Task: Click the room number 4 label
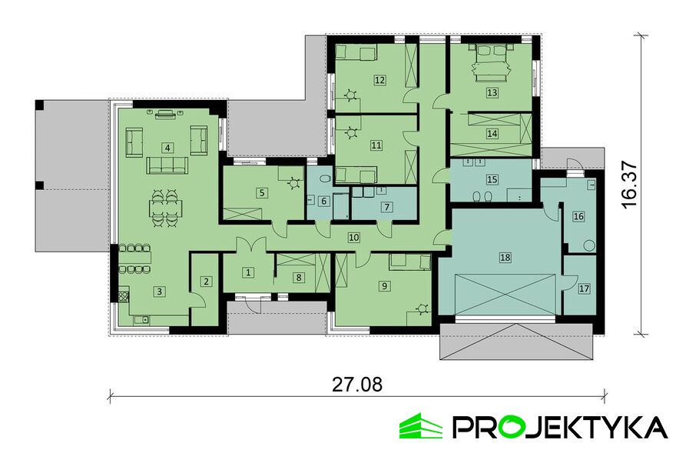tap(167, 148)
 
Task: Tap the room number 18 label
tap(505, 258)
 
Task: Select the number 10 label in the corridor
tap(354, 237)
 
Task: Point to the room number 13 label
tap(492, 93)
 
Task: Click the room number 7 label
tap(386, 207)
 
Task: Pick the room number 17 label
tap(584, 289)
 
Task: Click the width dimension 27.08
tap(357, 385)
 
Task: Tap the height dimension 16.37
tap(629, 185)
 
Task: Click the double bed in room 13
tap(491, 63)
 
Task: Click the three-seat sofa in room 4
tap(167, 165)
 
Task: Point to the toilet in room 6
tap(325, 178)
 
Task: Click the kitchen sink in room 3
tap(141, 320)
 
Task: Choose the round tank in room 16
tap(589, 245)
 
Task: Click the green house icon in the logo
tap(420, 426)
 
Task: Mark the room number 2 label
tap(206, 282)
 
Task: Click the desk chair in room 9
tap(422, 308)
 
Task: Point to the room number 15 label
tap(492, 179)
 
